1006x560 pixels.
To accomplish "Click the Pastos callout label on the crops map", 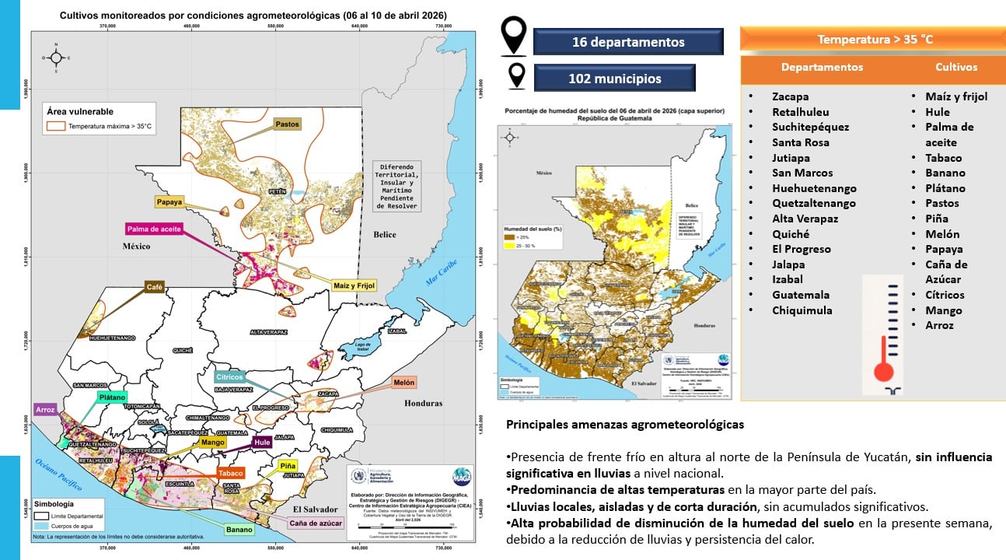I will [x=287, y=124].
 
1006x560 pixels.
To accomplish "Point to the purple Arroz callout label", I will [x=45, y=409].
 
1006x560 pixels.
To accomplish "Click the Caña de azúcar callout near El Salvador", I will [x=316, y=523].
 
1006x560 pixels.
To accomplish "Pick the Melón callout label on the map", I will [x=403, y=383].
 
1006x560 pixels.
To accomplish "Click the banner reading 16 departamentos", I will [x=628, y=42].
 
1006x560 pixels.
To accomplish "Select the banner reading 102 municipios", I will [x=615, y=79].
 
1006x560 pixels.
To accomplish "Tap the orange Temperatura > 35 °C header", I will [x=875, y=39].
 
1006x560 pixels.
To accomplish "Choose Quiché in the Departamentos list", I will [x=790, y=234].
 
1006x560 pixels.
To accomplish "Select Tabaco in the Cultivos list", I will [x=944, y=157].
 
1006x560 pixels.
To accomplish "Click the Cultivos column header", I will [x=956, y=67].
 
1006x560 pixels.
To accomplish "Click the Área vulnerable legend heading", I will [x=79, y=111].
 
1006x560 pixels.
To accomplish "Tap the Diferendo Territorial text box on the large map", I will [x=396, y=187].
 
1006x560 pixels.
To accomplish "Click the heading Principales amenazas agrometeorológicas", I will [x=624, y=425].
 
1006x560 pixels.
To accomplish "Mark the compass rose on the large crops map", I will [x=55, y=58].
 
